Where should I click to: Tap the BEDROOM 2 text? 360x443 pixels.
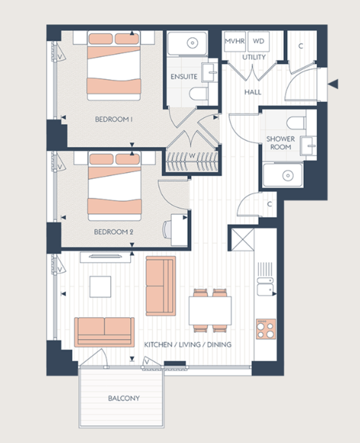113,232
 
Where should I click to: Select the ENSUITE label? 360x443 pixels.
184,77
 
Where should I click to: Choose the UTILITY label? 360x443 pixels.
254,57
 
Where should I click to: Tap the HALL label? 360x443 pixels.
253,92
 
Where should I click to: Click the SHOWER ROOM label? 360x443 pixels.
281,143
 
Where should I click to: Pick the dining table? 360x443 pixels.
210,310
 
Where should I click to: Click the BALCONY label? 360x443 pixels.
124,398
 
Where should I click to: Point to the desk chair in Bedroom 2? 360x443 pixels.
167,230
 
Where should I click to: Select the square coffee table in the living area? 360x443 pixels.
100,286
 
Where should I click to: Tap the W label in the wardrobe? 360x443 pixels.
192,155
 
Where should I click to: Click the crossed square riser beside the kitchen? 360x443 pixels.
242,239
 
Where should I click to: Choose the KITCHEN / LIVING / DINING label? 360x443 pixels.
188,345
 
